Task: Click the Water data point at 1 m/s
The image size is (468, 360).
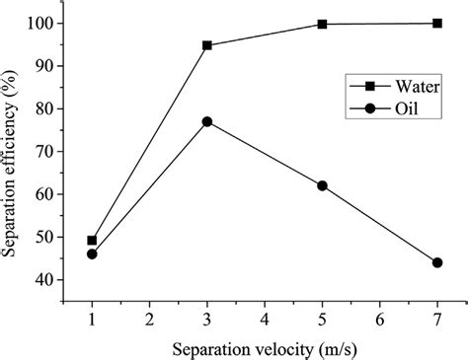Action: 92,241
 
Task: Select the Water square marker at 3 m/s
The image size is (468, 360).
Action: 206,45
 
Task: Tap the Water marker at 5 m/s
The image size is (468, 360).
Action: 322,24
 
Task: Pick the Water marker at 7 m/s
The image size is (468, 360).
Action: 437,23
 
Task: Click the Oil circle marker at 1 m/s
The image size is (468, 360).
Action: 92,254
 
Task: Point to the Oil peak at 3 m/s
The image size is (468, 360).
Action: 206,121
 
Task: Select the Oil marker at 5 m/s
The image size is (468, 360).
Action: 322,185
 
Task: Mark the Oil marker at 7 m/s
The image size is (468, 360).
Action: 437,262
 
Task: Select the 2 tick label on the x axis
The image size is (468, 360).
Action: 149,320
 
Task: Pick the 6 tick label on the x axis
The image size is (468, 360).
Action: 380,320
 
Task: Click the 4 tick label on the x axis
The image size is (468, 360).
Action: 265,320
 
